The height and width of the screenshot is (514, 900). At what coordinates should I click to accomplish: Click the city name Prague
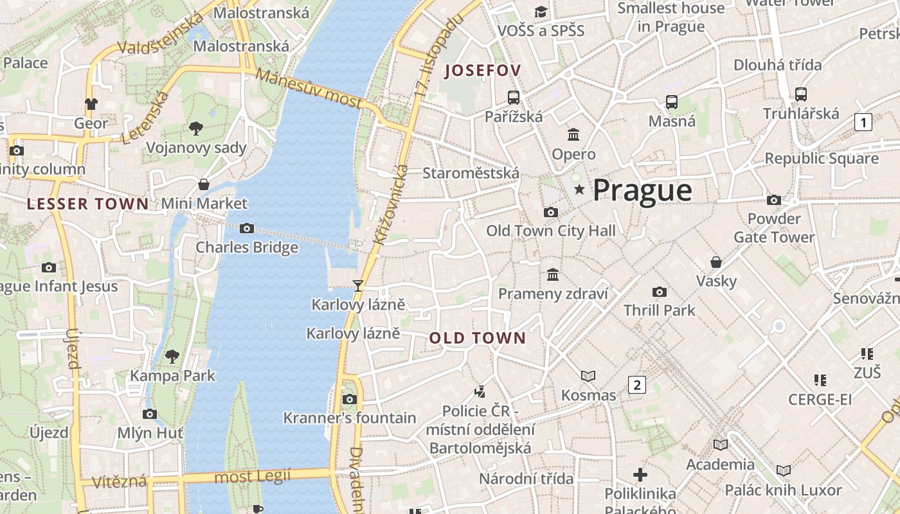point(642,190)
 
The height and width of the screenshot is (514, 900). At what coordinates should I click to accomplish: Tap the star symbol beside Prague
point(579,190)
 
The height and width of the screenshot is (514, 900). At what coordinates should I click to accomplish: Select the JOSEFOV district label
point(482,71)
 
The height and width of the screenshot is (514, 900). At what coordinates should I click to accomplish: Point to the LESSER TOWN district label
point(87,204)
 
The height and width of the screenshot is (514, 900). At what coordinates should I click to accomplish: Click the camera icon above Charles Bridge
point(246,228)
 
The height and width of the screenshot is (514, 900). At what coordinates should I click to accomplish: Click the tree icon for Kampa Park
point(172,356)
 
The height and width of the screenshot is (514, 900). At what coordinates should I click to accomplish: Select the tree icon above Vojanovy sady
point(196,128)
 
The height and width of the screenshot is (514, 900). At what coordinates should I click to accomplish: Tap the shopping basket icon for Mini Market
point(204,184)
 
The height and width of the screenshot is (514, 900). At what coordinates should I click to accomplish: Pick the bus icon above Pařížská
point(513,98)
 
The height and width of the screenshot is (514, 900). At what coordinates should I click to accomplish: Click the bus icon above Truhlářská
point(800,94)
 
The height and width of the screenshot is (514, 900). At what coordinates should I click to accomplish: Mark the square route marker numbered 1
point(863,121)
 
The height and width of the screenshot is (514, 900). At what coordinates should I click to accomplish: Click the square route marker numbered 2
point(636,385)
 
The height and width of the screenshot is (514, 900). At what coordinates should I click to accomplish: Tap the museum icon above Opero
point(573,135)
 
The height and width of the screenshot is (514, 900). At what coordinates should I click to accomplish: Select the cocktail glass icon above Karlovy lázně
point(358,285)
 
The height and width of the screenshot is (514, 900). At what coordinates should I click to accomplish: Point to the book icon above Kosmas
point(588,376)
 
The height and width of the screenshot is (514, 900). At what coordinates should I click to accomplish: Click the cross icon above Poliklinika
point(640,475)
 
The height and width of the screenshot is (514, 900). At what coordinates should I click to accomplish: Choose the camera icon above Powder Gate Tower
point(774,200)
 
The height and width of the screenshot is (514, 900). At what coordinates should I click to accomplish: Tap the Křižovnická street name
point(390,204)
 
